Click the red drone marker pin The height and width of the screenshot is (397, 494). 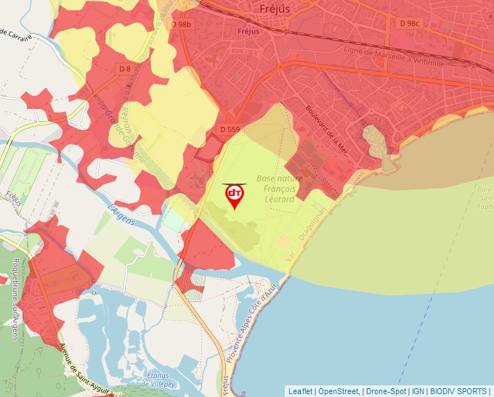pyautogui.click(x=235, y=195)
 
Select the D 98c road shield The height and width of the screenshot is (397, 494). pyautogui.click(x=410, y=23)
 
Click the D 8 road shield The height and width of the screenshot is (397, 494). pyautogui.click(x=125, y=69)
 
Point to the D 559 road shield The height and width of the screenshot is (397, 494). pyautogui.click(x=230, y=129)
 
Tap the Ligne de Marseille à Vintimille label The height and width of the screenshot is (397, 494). pyautogui.click(x=393, y=57)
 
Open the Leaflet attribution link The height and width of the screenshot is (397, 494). pyautogui.click(x=301, y=391)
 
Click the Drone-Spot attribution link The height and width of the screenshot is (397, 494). pyautogui.click(x=386, y=391)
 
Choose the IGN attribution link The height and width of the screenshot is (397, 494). pyautogui.click(x=418, y=391)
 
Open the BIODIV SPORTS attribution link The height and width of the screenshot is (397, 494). pyautogui.click(x=458, y=391)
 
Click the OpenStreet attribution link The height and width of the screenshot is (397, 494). pyautogui.click(x=339, y=391)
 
